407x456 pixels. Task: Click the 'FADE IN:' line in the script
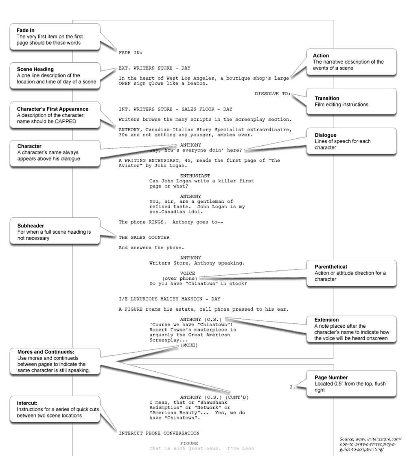[130, 53]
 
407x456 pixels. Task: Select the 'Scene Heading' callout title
[35, 69]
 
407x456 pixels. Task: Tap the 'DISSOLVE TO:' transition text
[273, 94]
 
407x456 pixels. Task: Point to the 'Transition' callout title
[327, 98]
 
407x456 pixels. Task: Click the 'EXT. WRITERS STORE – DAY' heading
[154, 68]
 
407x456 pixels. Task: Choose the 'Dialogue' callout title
[326, 135]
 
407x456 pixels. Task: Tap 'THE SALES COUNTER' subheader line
[144, 237]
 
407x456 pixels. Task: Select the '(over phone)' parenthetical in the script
[179, 278]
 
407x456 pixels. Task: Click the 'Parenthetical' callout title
[330, 267]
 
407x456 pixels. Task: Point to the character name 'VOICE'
[188, 273]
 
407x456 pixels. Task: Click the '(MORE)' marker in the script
[189, 345]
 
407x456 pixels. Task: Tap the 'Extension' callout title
[326, 320]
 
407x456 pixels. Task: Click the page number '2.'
[292, 387]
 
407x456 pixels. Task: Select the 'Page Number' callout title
[331, 377]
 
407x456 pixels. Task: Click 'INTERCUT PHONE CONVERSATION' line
[159, 433]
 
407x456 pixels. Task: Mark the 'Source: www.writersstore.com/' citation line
[370, 439]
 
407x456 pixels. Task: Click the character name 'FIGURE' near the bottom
[189, 443]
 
